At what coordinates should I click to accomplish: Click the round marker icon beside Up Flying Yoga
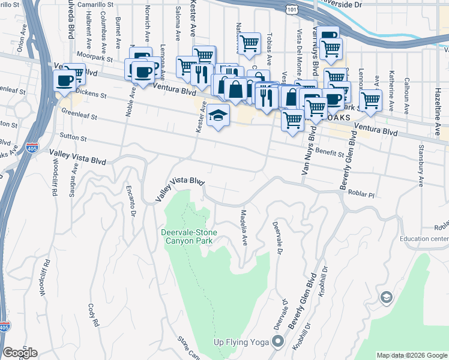tap(277, 343)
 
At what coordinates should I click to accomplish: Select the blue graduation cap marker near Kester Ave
tap(218, 116)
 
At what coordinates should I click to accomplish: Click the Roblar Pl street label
tap(363, 194)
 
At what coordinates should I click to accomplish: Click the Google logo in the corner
tap(20, 353)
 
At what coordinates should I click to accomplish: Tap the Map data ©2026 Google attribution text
tap(411, 355)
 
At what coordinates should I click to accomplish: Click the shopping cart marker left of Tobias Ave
tap(249, 43)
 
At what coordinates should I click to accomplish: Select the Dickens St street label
tap(89, 95)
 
